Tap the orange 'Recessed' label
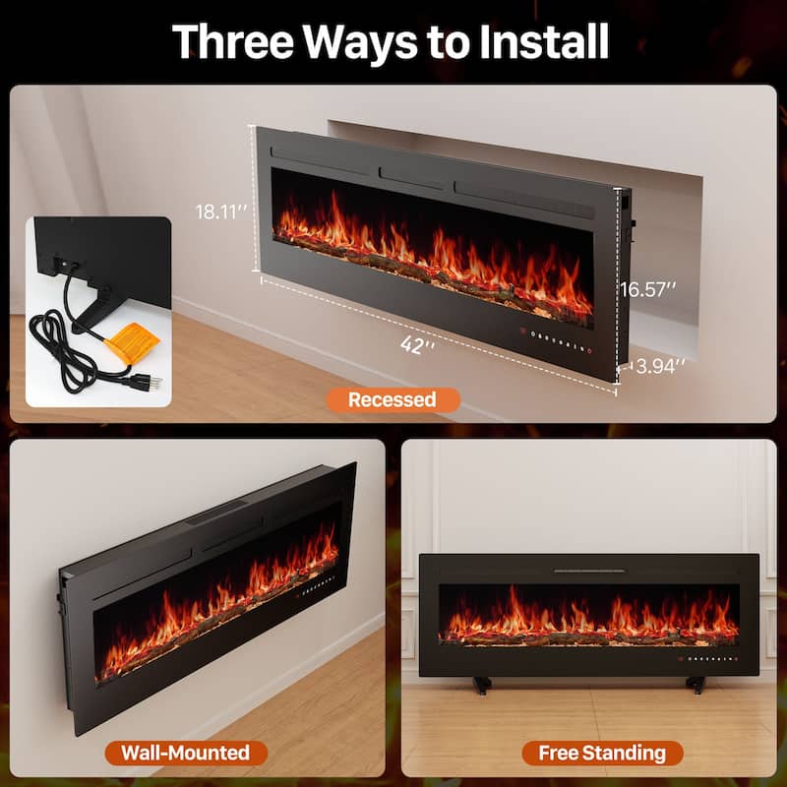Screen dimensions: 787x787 (x=392, y=399)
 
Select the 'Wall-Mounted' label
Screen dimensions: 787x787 (x=186, y=754)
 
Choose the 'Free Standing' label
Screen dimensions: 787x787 (x=602, y=754)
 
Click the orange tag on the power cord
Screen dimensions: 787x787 (x=132, y=345)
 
